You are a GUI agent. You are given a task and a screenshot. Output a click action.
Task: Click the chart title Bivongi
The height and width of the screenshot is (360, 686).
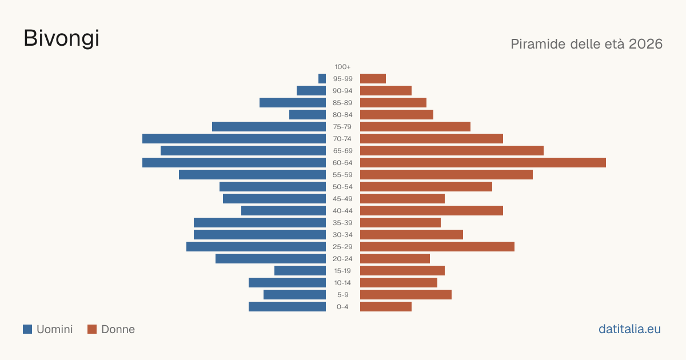[x=61, y=39]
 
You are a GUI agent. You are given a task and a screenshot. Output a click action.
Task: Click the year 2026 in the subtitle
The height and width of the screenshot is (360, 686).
[x=645, y=44]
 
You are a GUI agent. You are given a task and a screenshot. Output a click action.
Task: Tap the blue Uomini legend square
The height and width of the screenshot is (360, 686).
[x=27, y=329]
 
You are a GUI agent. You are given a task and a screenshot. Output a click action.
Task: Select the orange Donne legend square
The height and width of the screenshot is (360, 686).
[x=92, y=329]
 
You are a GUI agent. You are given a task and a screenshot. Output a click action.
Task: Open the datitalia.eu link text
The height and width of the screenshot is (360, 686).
[x=629, y=329]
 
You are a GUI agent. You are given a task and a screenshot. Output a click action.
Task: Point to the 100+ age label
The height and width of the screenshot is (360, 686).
[x=342, y=67]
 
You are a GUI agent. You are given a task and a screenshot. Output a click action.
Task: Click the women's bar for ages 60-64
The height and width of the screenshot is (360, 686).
[x=483, y=162]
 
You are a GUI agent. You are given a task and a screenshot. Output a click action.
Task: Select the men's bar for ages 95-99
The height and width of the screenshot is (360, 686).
[x=322, y=79]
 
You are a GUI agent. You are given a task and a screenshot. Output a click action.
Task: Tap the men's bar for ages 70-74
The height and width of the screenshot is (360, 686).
[x=234, y=139]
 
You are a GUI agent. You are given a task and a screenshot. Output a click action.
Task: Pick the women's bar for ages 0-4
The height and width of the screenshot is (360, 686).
[x=386, y=307]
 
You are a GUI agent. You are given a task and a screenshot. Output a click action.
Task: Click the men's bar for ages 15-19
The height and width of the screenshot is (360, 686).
[x=300, y=271]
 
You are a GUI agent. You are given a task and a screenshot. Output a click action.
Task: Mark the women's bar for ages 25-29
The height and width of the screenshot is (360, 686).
[x=437, y=247]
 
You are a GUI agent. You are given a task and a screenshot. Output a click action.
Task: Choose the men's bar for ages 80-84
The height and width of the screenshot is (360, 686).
[x=308, y=115]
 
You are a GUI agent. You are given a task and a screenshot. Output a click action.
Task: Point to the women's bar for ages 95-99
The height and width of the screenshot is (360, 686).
[x=373, y=79]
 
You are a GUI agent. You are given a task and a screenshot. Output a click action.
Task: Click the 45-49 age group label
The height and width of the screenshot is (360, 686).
[x=342, y=199]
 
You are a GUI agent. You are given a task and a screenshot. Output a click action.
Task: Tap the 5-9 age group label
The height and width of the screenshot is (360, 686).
[x=342, y=295]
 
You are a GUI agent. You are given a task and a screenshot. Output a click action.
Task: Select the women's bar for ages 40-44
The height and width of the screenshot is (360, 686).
[x=432, y=211]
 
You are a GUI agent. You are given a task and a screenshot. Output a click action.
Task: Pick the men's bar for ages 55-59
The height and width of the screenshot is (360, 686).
[x=252, y=175]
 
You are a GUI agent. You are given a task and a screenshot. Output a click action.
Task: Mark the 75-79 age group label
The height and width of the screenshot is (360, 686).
[x=342, y=127]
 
